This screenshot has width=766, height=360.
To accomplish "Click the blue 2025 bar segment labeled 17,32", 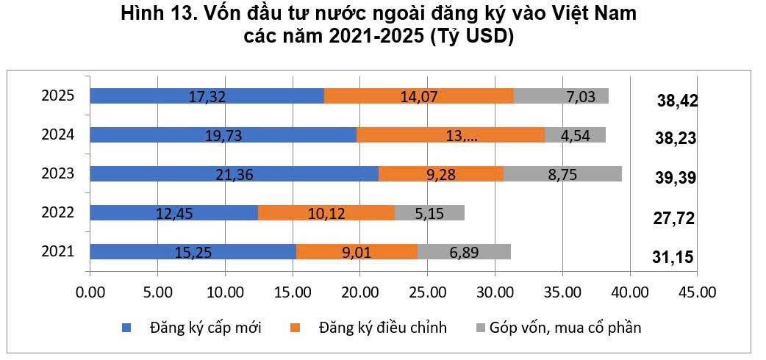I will (207, 96).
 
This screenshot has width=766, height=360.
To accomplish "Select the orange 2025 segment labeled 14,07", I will (419, 96).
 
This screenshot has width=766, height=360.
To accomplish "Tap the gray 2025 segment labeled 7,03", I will (561, 96).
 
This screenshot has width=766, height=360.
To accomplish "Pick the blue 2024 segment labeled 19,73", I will (223, 134).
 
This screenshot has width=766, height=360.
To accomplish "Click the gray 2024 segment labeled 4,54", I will (575, 134).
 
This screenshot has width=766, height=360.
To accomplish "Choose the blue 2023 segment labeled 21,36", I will (234, 173).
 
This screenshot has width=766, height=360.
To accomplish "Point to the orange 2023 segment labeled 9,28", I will (441, 173).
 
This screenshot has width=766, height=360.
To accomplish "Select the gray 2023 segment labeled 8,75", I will (562, 173).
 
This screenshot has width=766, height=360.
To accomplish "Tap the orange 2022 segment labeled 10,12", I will (326, 213).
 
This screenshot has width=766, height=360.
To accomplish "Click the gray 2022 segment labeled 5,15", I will (429, 213).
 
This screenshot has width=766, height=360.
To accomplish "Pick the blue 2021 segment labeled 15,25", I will (193, 252).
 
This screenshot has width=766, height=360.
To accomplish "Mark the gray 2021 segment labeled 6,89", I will (464, 252).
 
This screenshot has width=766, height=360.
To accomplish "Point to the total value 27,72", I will (675, 218).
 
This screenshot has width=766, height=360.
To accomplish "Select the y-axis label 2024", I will (57, 134).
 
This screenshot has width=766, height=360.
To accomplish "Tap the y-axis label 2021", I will (57, 251).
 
